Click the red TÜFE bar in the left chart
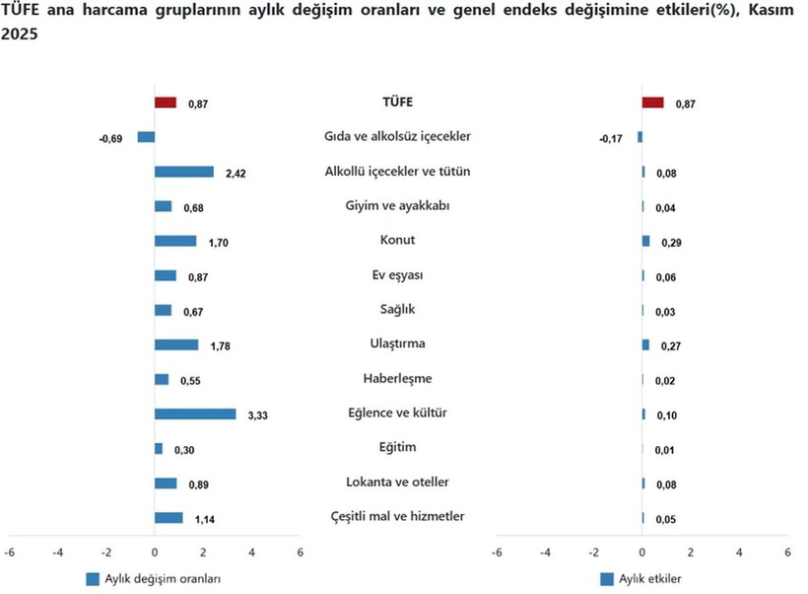(x=166, y=103)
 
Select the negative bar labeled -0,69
(x=146, y=137)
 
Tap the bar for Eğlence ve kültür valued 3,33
(x=195, y=413)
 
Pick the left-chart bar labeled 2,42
(x=184, y=172)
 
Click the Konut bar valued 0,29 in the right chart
(x=645, y=241)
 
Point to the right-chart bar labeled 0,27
(x=645, y=344)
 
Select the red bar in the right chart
(x=652, y=103)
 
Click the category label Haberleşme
(x=397, y=378)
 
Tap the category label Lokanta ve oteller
(x=397, y=482)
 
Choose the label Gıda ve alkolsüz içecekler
(x=397, y=136)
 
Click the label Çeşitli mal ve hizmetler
(x=397, y=516)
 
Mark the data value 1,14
(x=203, y=519)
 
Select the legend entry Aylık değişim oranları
(x=163, y=579)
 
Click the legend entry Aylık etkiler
(x=647, y=579)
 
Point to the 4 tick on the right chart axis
(x=739, y=553)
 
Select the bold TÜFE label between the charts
(x=397, y=102)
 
